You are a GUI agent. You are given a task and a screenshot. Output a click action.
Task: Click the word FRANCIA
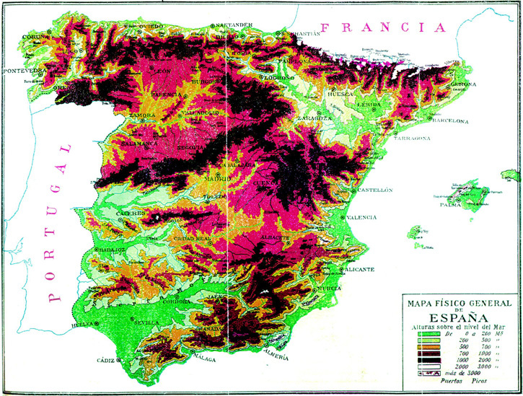click(x=382, y=28)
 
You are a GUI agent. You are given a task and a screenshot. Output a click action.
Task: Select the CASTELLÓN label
click(x=374, y=190)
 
